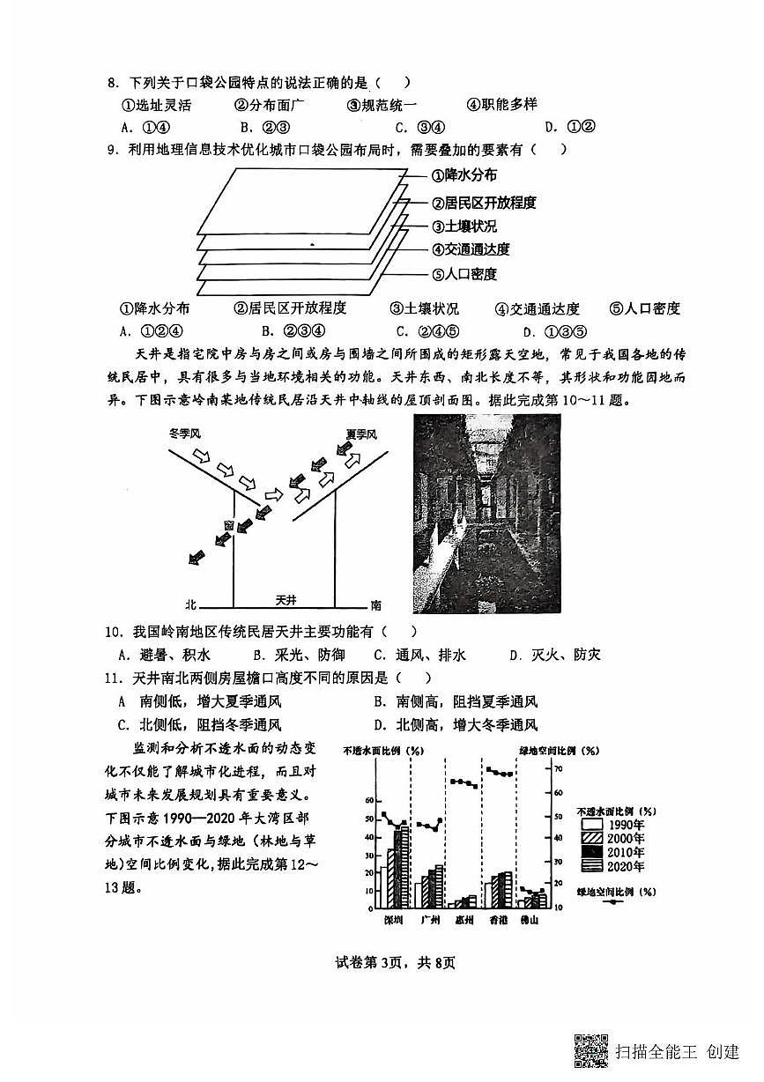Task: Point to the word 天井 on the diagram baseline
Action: coord(285,599)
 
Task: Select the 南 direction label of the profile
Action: coord(376,605)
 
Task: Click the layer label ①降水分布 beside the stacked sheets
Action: coord(464,176)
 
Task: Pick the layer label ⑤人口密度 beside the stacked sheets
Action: coord(464,274)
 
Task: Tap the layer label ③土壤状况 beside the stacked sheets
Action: coord(464,226)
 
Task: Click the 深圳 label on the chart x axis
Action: coord(393,920)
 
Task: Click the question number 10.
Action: coord(112,632)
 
